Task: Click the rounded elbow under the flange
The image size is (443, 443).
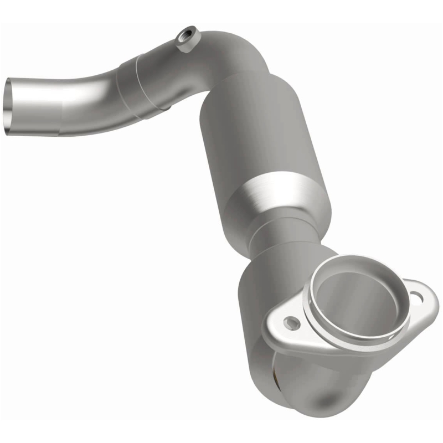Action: click(310, 388)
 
